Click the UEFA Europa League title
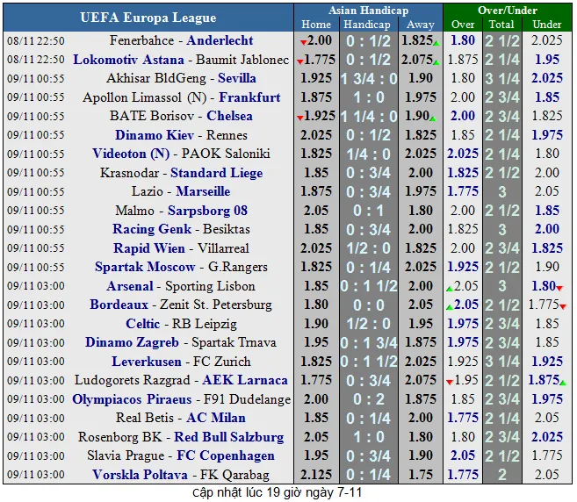coord(148,18)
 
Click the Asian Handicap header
coord(368,10)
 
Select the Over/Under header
coord(508,10)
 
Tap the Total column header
coord(501,25)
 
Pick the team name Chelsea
coord(229,116)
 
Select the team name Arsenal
coord(130,286)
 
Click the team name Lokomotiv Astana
coord(128,60)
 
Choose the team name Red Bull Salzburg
coord(228,437)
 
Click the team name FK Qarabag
coord(225,475)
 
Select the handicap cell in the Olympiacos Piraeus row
coord(368,399)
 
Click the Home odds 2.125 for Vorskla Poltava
coord(316,475)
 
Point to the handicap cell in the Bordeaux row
coord(368,305)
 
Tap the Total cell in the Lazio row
coord(501,191)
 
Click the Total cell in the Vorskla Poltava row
coord(501,475)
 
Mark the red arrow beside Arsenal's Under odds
coord(559,289)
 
